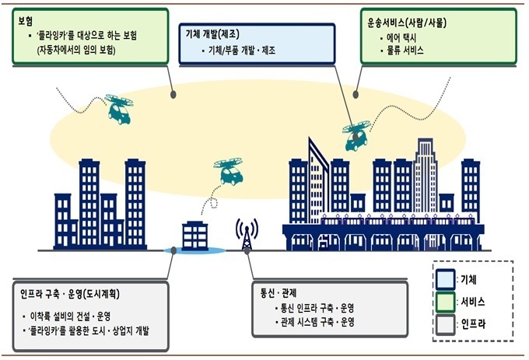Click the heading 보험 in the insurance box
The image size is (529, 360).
(x=26, y=22)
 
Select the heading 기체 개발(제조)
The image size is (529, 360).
(x=212, y=34)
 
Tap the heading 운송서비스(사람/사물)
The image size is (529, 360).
(x=407, y=23)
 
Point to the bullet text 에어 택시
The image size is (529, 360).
(x=401, y=38)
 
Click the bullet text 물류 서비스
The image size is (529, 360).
(x=405, y=51)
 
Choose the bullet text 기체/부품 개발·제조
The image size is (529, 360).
(x=242, y=51)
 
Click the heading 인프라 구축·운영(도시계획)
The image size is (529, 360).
(x=70, y=294)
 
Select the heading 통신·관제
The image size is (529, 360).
(x=279, y=292)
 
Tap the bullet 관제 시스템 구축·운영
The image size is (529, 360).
(x=317, y=322)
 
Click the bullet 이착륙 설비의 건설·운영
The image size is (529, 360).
(x=71, y=316)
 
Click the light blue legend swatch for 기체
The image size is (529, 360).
(x=445, y=279)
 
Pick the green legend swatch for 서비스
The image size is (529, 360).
(x=445, y=302)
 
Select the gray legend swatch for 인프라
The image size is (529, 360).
(x=445, y=324)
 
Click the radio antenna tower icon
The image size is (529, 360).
(x=247, y=234)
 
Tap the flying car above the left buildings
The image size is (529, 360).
(x=119, y=109)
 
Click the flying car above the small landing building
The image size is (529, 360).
(x=229, y=172)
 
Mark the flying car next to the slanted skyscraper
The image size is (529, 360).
(x=356, y=136)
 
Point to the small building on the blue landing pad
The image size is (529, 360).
(x=194, y=236)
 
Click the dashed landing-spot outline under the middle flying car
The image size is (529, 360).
(x=214, y=203)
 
